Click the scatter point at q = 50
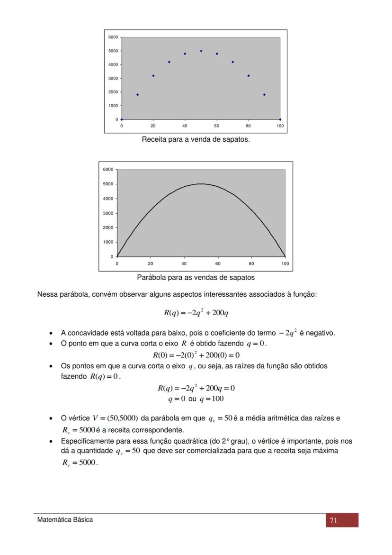(x=201, y=51)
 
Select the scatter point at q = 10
(x=137, y=95)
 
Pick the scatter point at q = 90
(x=264, y=95)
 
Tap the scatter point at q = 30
(x=169, y=62)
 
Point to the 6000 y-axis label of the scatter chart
(x=113, y=37)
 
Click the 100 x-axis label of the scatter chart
(x=280, y=126)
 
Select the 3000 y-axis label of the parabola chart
(x=108, y=213)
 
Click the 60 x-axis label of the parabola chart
(x=218, y=263)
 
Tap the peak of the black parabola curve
(x=201, y=184)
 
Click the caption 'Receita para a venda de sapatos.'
(x=196, y=140)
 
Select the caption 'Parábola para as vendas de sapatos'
(x=196, y=277)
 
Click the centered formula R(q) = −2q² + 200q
(x=196, y=313)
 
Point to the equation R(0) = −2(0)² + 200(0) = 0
(x=196, y=355)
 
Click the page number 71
(x=333, y=520)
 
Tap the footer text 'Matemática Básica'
(x=65, y=520)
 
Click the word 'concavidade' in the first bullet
(x=87, y=333)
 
